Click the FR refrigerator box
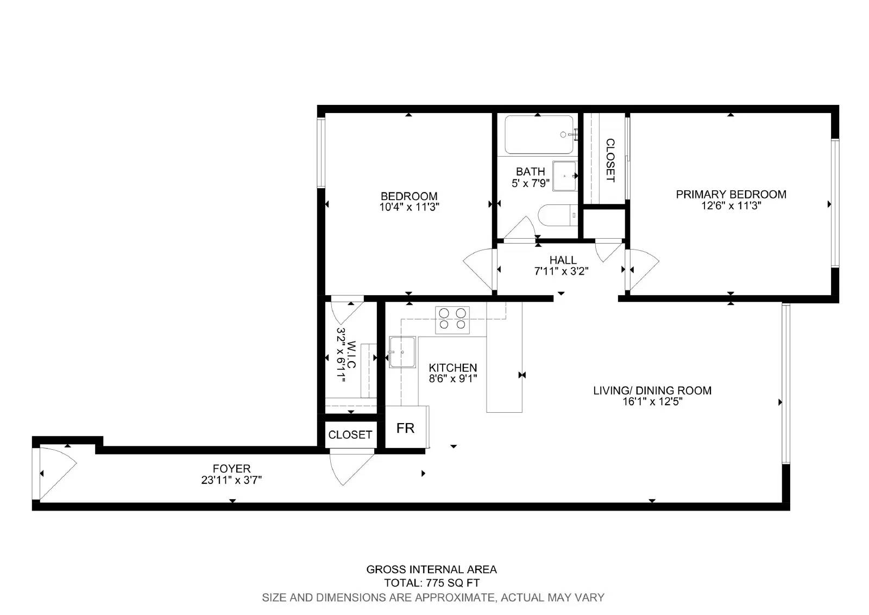[405, 428]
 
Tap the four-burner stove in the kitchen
[452, 319]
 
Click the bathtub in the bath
[538, 134]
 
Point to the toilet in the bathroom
[557, 215]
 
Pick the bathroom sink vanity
[564, 176]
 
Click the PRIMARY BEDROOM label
[731, 194]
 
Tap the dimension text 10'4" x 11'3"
[409, 207]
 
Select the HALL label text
[562, 260]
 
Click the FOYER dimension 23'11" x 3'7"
[232, 480]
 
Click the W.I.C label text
[351, 355]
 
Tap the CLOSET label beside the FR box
[350, 434]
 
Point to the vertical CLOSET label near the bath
[610, 160]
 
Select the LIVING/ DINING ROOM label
[652, 390]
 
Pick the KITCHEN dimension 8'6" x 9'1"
[452, 378]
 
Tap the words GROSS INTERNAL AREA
[431, 569]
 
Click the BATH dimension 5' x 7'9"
[530, 183]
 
